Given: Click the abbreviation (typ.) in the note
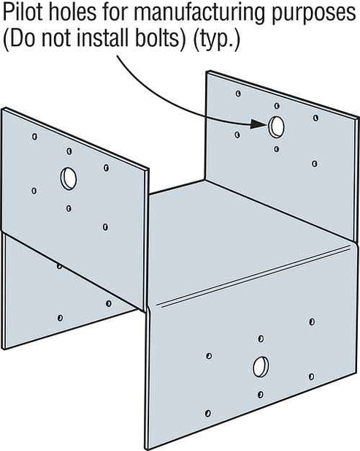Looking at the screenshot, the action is click(x=215, y=39).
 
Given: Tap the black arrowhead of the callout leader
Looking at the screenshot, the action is click(x=259, y=124).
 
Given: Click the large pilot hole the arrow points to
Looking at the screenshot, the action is click(x=277, y=126).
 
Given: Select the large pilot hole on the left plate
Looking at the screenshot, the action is click(x=69, y=178).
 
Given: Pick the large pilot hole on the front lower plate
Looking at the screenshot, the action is click(x=261, y=367).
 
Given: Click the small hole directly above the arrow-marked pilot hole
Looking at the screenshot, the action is click(x=277, y=106).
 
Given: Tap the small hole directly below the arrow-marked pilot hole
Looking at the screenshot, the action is click(x=277, y=149).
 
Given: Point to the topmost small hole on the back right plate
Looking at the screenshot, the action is click(x=238, y=94).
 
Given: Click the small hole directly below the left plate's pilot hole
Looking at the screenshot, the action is click(x=69, y=208).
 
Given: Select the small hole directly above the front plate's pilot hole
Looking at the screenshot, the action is click(x=261, y=339).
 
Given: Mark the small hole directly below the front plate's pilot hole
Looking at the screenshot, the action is click(x=261, y=394).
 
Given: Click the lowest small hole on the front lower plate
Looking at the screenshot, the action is click(x=208, y=413).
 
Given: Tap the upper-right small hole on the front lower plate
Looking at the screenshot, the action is click(x=312, y=322).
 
